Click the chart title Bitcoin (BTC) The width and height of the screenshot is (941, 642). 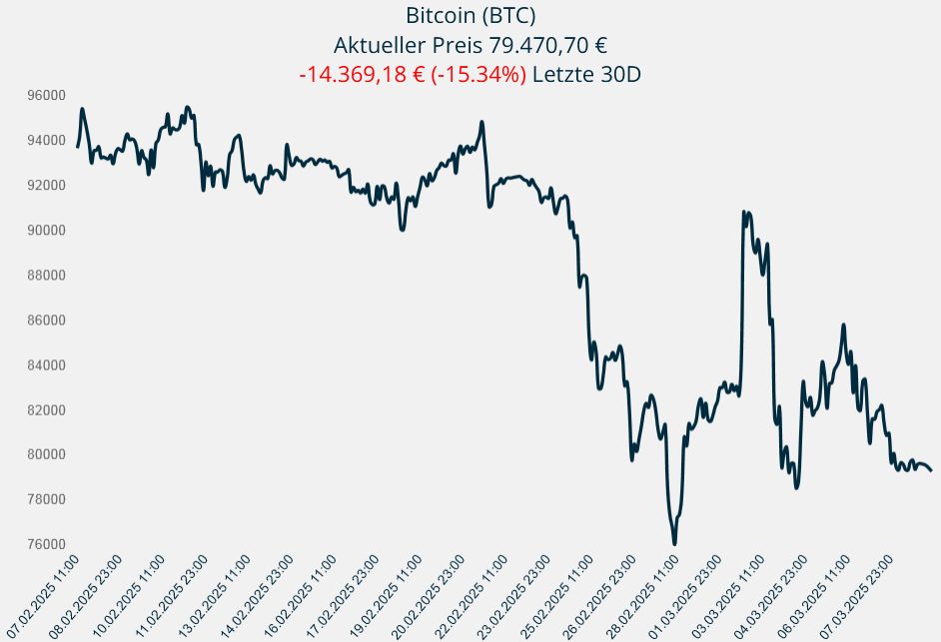(470, 16)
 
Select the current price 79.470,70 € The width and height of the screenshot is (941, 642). (545, 46)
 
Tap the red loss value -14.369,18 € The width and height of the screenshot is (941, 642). (362, 75)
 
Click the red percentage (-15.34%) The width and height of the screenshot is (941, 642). (477, 75)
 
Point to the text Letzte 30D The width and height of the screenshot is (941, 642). (585, 75)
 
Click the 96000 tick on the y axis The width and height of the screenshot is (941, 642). (46, 95)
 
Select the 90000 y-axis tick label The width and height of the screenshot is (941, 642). (46, 230)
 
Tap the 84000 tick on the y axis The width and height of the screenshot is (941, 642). (46, 364)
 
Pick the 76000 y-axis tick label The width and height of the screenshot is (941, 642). (46, 544)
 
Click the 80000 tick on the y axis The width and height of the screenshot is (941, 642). (46, 454)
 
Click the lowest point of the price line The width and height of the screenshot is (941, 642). (674, 543)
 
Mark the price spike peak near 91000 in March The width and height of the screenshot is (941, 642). (743, 212)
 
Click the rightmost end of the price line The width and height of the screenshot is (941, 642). (931, 470)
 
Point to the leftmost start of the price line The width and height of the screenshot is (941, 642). (77, 148)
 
